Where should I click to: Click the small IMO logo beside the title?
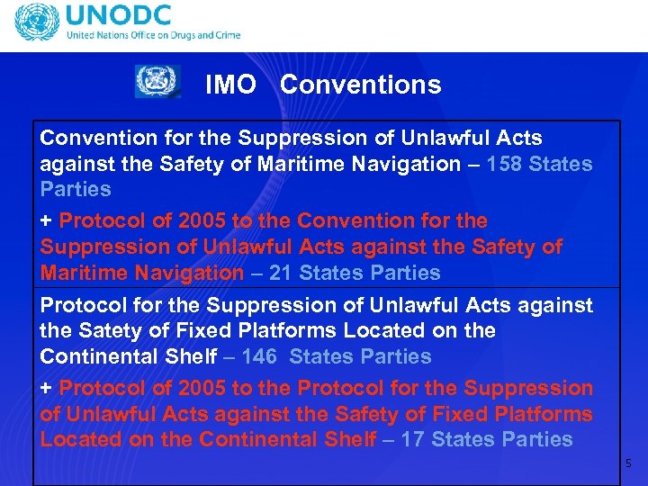pyautogui.click(x=157, y=82)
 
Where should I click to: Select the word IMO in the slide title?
pyautogui.click(x=230, y=85)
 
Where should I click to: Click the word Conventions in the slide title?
pyautogui.click(x=360, y=85)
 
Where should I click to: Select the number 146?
pyautogui.click(x=259, y=356)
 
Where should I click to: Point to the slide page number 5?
pyautogui.click(x=629, y=463)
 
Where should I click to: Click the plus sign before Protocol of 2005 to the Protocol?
pyautogui.click(x=46, y=389)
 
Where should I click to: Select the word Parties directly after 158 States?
pyautogui.click(x=76, y=189)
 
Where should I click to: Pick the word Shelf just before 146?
pyautogui.click(x=191, y=356)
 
